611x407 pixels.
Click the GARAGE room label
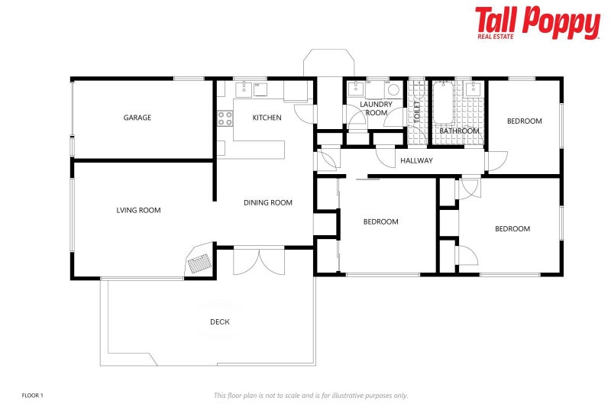(137, 118)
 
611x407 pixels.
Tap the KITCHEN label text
(267, 118)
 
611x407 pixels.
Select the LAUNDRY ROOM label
(376, 108)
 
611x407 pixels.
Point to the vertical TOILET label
(417, 115)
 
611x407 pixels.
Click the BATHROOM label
(459, 131)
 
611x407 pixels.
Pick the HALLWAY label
(416, 160)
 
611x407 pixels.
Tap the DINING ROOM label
(268, 202)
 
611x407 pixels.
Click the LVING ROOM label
(138, 210)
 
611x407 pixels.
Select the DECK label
(220, 321)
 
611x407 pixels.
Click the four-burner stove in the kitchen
(225, 118)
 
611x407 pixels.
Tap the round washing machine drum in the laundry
(393, 89)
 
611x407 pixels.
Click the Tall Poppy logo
(537, 23)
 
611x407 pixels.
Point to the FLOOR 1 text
(33, 395)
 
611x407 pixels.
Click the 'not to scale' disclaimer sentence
(310, 395)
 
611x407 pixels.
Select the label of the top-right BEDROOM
(525, 121)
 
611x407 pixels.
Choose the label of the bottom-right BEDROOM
(512, 228)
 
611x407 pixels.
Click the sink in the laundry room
(356, 89)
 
